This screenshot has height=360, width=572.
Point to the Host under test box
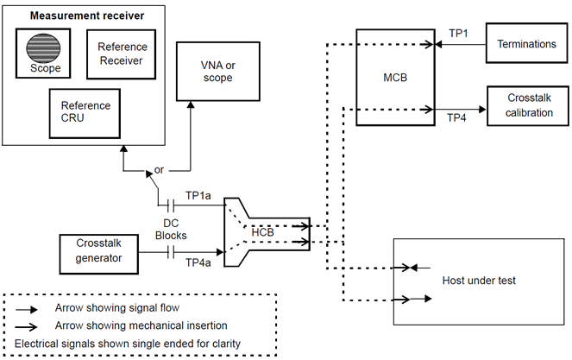[477, 281]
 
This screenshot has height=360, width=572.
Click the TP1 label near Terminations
[459, 32]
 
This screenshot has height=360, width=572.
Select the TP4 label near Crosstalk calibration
[459, 118]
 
